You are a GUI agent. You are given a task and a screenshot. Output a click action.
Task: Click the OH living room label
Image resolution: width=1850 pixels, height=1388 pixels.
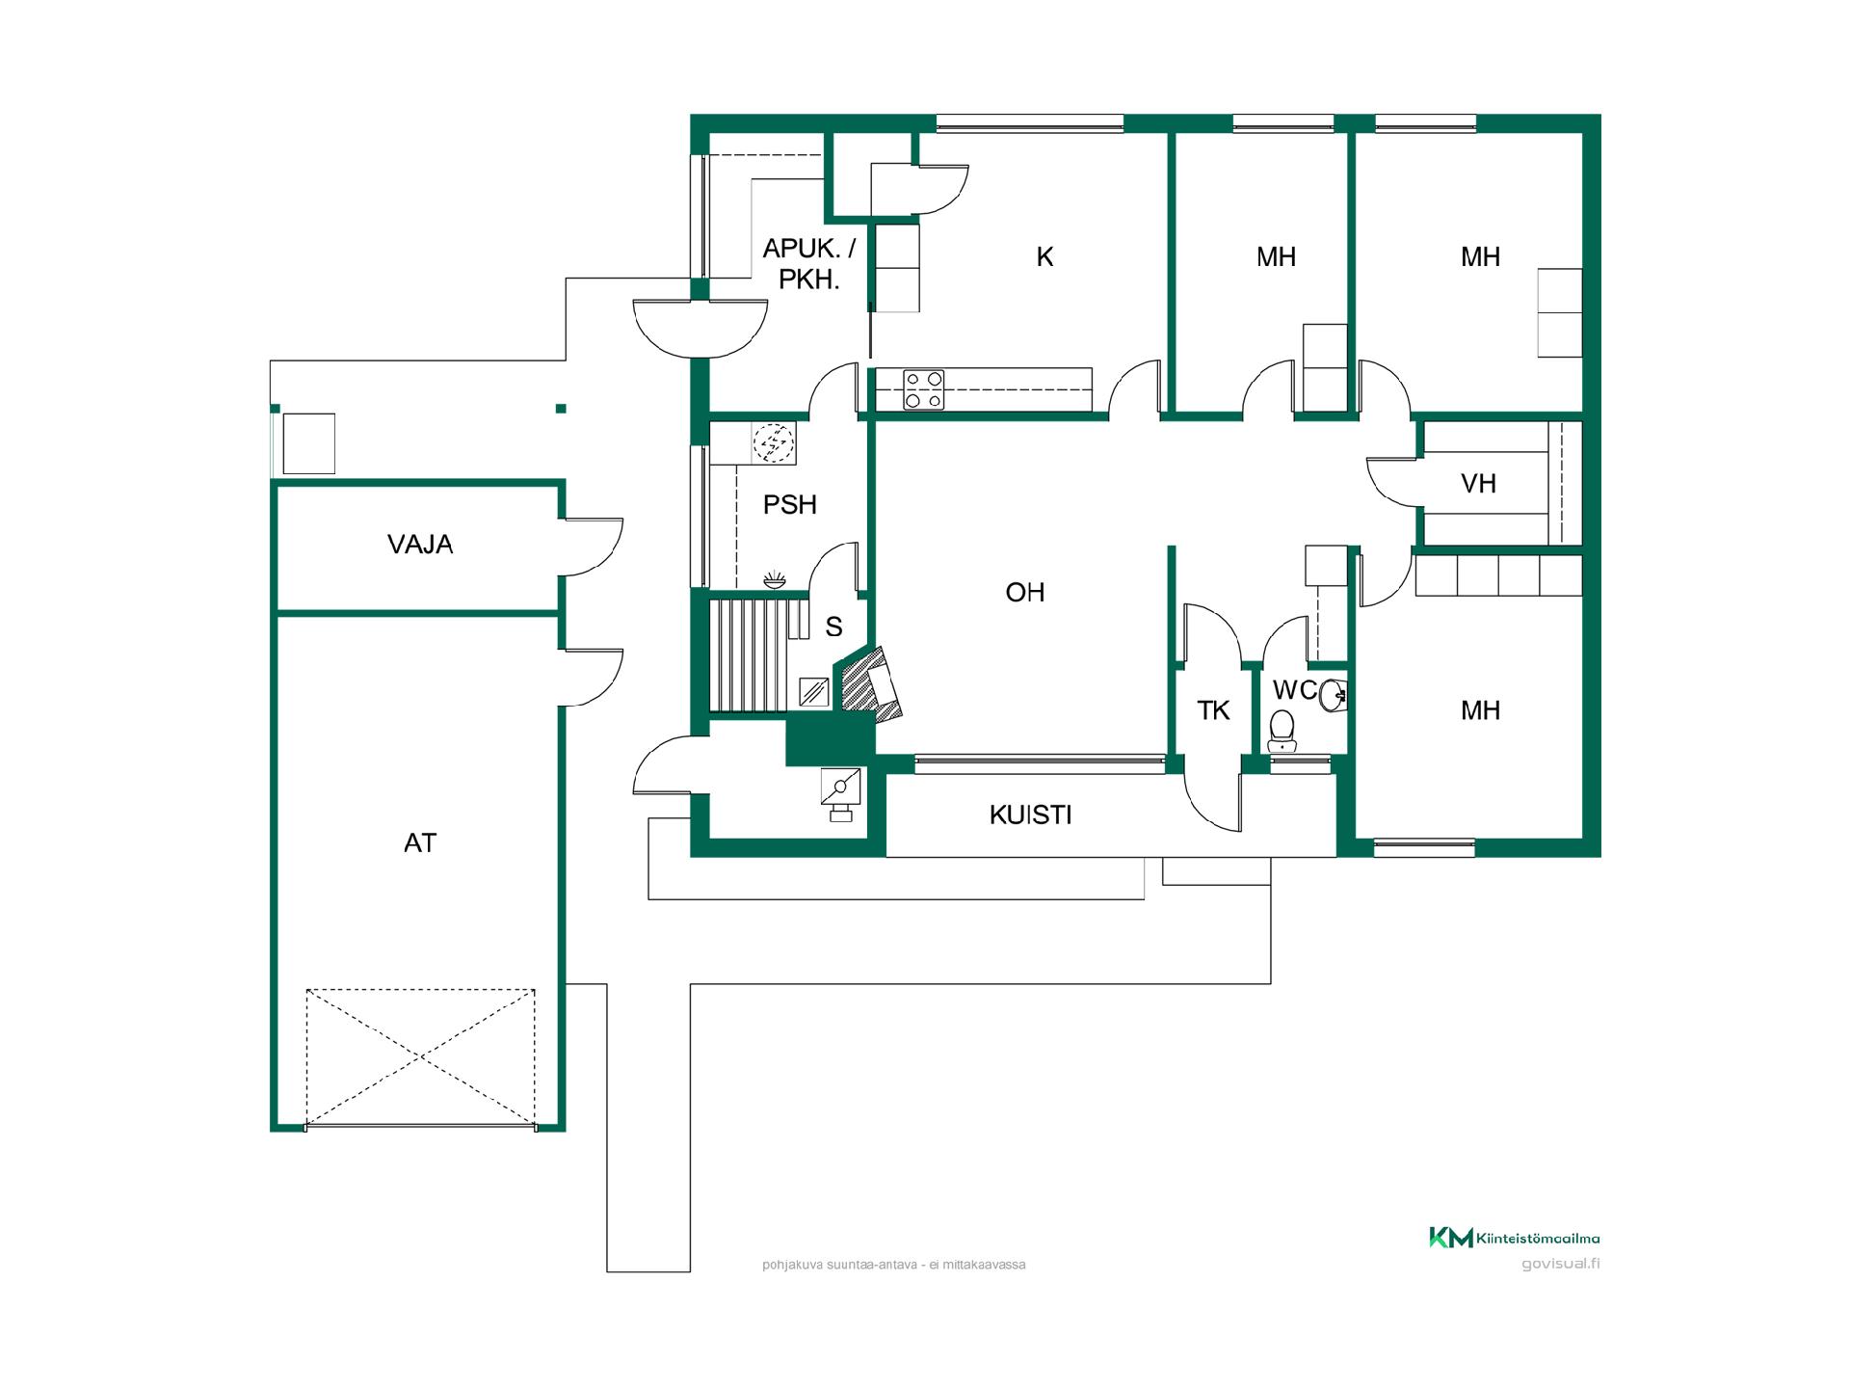click(1024, 592)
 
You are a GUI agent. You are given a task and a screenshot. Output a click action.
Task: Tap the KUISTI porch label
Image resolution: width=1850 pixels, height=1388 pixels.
click(1030, 815)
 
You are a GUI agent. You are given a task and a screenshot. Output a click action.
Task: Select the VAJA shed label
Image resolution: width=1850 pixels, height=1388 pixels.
click(420, 545)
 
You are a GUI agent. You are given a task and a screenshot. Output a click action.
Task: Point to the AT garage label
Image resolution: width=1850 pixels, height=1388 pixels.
click(420, 843)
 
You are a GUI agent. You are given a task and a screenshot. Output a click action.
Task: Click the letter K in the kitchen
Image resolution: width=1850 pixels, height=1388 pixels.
click(1044, 257)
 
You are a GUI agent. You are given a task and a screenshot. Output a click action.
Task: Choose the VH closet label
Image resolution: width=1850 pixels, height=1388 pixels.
click(1478, 484)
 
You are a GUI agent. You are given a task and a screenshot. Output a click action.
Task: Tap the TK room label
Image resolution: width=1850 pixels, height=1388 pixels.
click(1213, 711)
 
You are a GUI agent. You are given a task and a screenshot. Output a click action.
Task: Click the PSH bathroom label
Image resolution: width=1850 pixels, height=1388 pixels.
click(789, 505)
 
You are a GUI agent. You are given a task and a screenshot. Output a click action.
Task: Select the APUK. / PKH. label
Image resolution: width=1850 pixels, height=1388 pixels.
click(808, 264)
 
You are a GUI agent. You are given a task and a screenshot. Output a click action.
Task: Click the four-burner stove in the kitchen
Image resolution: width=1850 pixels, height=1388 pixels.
click(923, 389)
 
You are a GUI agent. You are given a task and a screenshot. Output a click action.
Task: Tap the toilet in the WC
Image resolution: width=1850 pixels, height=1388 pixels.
click(1282, 731)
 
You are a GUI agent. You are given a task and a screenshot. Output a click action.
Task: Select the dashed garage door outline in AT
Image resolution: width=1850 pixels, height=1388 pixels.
click(420, 1057)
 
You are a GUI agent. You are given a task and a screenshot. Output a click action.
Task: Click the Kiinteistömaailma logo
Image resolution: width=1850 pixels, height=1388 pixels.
click(1514, 1238)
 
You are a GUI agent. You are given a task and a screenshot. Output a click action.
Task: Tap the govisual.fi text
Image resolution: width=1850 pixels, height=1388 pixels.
click(1561, 1264)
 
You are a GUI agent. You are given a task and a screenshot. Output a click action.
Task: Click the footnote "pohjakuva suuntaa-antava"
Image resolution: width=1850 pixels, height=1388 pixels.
click(839, 1265)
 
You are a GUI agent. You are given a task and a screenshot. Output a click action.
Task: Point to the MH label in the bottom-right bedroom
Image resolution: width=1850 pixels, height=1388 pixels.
click(1480, 711)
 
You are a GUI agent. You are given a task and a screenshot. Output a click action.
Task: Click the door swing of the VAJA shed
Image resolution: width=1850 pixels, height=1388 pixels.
click(591, 547)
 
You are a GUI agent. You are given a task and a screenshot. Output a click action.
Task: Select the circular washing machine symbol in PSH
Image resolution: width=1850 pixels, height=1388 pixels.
click(774, 443)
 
